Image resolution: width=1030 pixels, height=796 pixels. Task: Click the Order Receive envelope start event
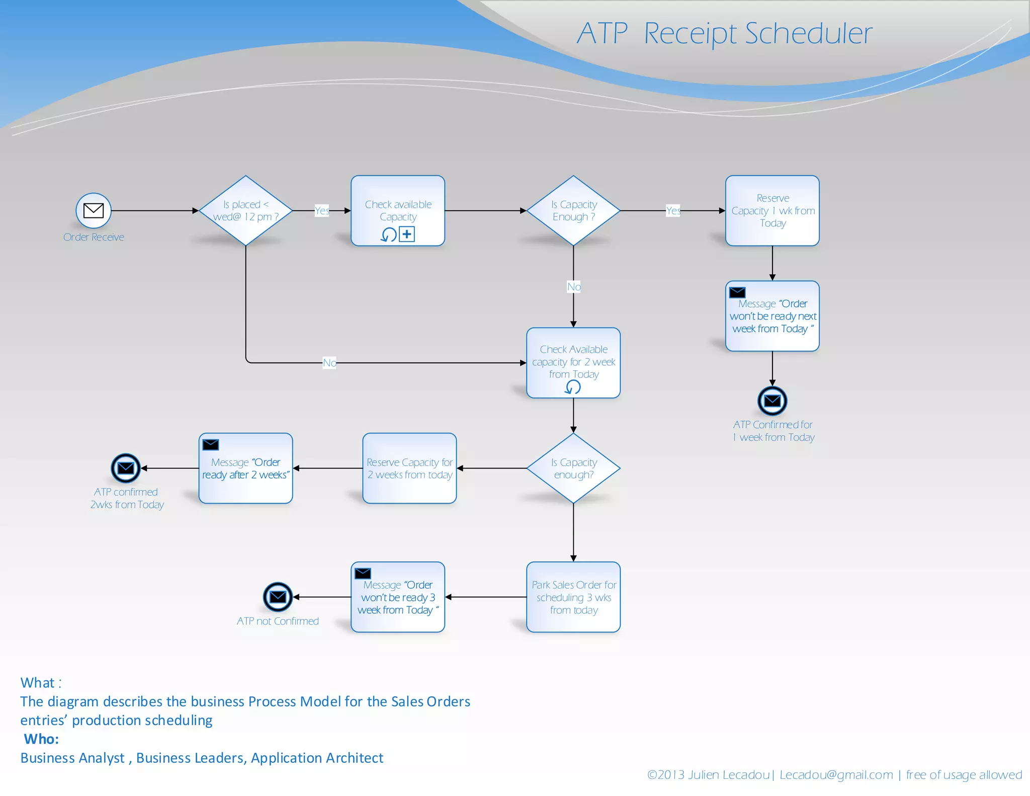point(93,210)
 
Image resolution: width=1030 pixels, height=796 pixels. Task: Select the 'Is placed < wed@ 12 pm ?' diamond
point(245,210)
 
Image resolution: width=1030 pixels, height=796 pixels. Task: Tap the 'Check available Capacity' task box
point(397,210)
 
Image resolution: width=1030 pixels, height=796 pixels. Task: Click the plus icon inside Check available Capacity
point(406,234)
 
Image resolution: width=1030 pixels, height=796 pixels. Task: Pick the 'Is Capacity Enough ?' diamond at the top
point(573,210)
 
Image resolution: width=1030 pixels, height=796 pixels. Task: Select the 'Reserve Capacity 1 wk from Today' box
point(772,210)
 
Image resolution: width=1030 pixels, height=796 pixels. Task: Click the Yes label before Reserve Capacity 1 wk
point(673,210)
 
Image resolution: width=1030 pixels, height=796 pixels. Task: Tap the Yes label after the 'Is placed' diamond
point(322,210)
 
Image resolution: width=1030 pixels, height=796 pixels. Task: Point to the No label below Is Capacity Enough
point(573,287)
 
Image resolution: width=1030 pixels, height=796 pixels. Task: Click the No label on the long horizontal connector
point(329,363)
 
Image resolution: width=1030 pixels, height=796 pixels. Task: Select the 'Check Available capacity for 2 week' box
point(573,363)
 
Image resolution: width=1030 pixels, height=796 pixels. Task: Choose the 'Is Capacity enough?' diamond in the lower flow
point(573,468)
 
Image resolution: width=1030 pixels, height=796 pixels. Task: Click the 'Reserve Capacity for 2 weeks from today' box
point(409,468)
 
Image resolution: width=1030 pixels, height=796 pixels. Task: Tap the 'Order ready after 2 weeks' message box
point(245,468)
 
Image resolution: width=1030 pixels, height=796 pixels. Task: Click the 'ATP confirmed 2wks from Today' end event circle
point(125,468)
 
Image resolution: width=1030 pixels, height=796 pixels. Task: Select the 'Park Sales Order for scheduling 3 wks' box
point(573,597)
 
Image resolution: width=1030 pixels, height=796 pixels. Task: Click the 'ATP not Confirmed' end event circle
point(278,597)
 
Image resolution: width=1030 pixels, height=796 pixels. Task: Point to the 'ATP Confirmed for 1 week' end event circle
point(772,401)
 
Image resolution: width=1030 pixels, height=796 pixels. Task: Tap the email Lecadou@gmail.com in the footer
point(836,775)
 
